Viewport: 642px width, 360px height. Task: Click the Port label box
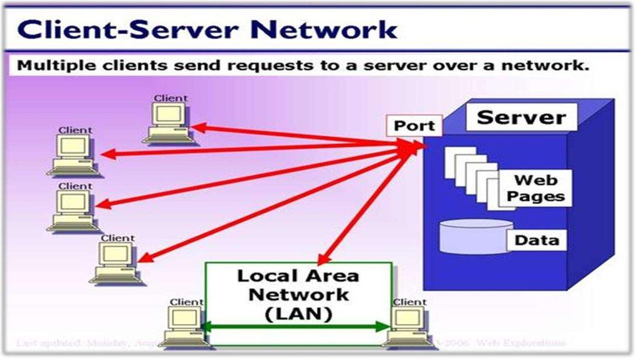(414, 125)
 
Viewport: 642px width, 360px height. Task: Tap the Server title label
(521, 117)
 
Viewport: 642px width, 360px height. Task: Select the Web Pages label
(535, 188)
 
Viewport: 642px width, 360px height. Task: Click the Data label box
(536, 240)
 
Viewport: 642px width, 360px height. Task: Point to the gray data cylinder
(471, 236)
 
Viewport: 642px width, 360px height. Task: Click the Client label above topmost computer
(171, 98)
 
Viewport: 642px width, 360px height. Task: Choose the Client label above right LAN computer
(409, 302)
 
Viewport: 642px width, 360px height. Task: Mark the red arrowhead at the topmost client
(196, 128)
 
